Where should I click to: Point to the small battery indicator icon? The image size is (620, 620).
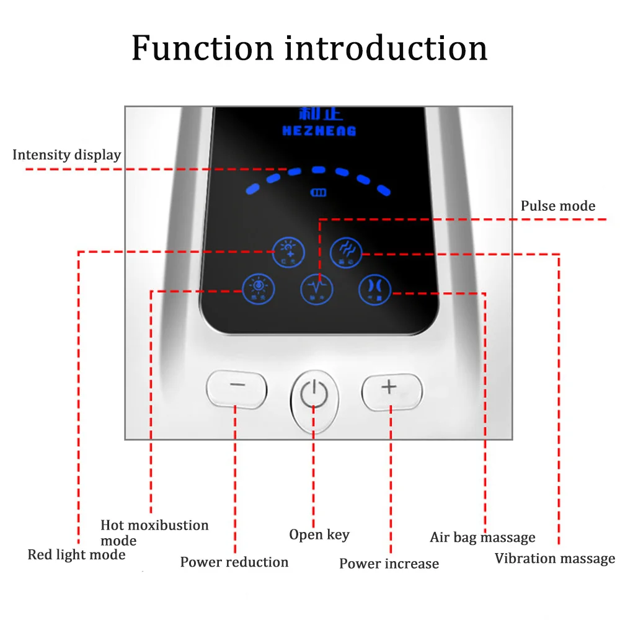point(318,193)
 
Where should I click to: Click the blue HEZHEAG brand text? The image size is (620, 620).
point(319,131)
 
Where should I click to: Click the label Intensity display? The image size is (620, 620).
point(66,155)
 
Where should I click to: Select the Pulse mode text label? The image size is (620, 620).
point(557,206)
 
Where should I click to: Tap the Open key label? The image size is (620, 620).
point(319,534)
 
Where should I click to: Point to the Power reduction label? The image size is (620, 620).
point(234,562)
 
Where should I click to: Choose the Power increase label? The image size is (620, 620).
point(389,564)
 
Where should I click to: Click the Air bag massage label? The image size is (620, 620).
point(482,537)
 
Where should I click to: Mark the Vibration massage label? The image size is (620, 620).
point(554,559)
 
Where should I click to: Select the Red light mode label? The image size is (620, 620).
point(76,554)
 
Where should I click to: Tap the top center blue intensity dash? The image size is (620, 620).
point(318,169)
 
